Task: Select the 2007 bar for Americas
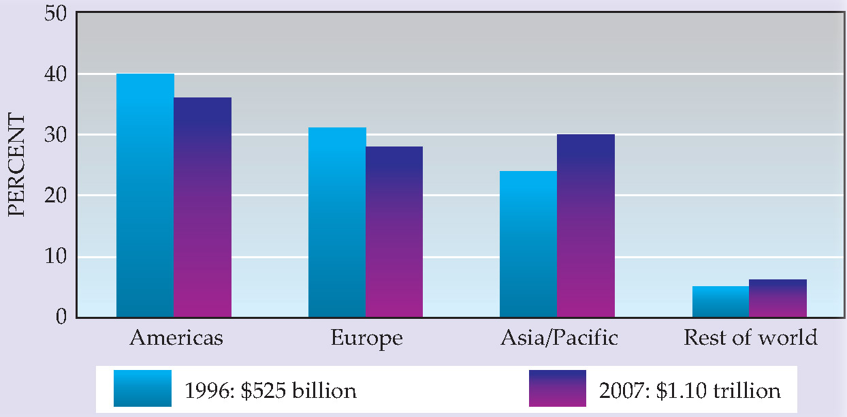pos(203,208)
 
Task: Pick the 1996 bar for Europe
pos(337,223)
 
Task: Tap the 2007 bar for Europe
pos(394,232)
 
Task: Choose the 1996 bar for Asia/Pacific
pos(528,244)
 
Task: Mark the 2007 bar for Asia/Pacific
pos(586,226)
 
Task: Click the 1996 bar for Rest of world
pos(720,302)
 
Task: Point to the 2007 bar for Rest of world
pos(778,298)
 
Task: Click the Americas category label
pos(176,338)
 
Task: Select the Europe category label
pos(366,338)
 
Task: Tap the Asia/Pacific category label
pos(559,338)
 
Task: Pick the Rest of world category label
pos(750,338)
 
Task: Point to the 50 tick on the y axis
pos(56,13)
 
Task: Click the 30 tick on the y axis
pos(56,135)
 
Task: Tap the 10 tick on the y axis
pos(56,257)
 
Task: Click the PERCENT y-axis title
pos(17,166)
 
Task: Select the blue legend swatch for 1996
pos(142,388)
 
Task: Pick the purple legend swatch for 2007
pos(557,388)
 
